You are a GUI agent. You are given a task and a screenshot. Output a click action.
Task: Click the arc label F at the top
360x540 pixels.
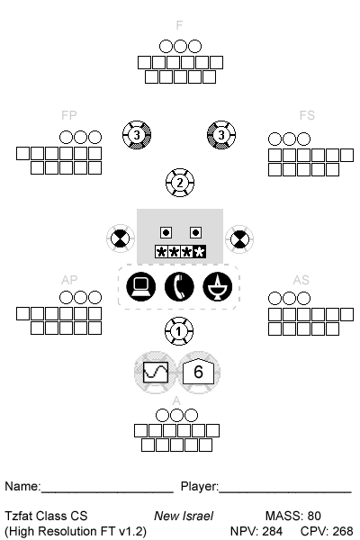[179, 25]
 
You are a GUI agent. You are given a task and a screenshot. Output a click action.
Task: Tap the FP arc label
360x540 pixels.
[69, 115]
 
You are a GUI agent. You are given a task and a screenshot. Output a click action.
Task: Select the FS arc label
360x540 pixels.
[307, 115]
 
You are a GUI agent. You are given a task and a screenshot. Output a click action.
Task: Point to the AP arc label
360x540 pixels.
[69, 280]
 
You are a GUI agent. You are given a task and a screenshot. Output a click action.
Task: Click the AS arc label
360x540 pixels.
[301, 280]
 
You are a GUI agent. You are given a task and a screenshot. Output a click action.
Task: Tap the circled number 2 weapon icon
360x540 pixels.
[180, 183]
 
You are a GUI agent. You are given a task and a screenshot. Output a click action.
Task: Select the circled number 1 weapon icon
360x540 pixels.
[179, 331]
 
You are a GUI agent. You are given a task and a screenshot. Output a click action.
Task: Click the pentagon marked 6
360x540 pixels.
[198, 372]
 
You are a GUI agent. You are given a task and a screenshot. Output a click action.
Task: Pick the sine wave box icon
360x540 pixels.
[156, 373]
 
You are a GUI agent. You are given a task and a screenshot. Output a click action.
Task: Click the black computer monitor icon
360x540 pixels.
[141, 286]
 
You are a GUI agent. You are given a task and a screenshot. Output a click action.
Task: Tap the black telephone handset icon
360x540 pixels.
[179, 286]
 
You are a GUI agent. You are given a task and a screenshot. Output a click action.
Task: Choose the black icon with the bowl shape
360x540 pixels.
[218, 286]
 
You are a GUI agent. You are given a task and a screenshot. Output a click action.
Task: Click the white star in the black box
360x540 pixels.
[200, 252]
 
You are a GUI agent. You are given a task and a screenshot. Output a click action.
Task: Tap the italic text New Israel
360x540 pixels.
[184, 516]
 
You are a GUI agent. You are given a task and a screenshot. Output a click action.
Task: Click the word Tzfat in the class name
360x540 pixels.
[19, 516]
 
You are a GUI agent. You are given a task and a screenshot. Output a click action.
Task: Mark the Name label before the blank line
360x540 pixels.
[22, 486]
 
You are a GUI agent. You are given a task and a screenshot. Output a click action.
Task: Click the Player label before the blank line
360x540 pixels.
[200, 487]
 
